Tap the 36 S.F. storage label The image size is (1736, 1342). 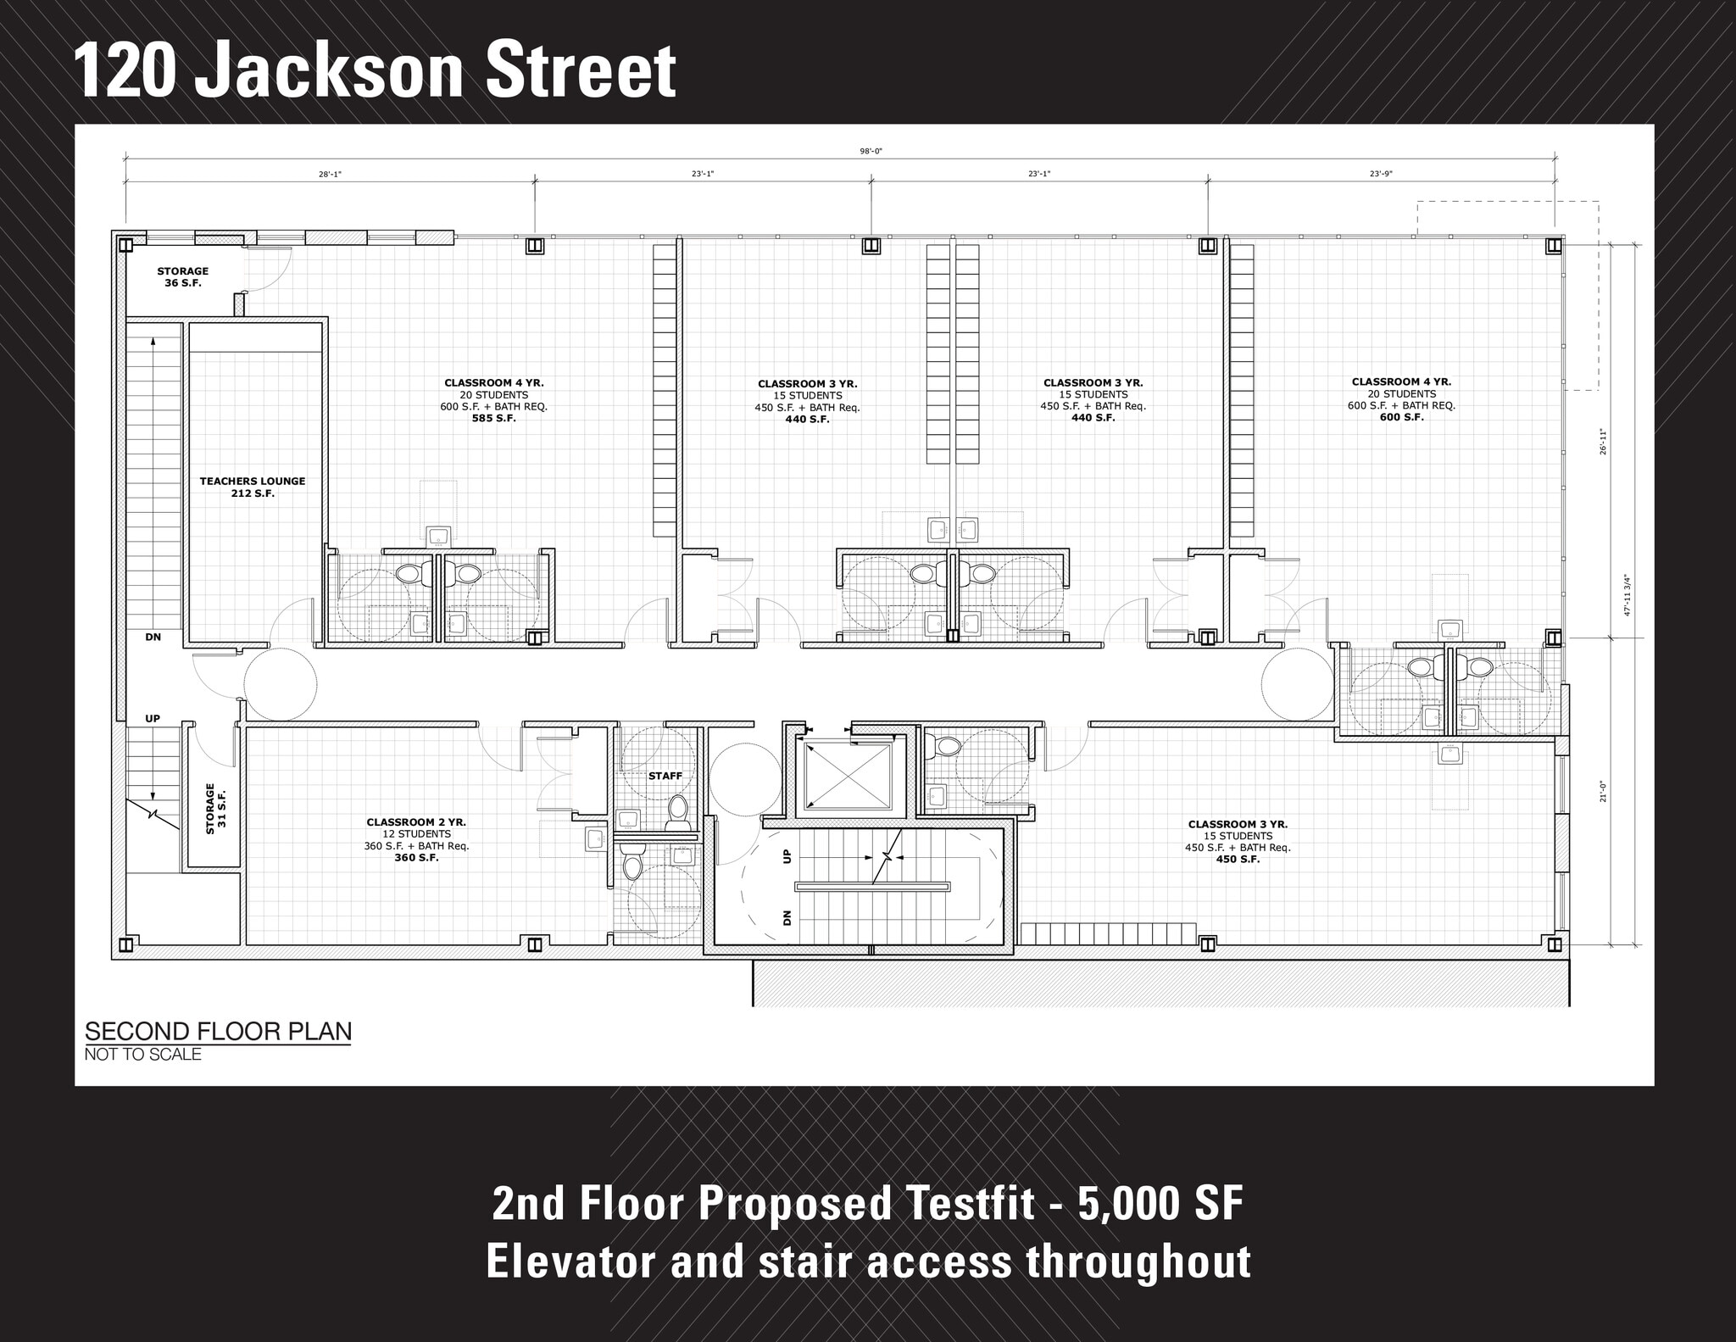coord(182,277)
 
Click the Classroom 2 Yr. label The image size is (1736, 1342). coord(415,822)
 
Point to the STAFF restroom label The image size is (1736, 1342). coord(665,776)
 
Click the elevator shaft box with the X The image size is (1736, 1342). coord(847,775)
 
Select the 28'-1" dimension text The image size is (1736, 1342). coord(330,174)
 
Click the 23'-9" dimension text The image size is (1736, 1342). coord(1381,174)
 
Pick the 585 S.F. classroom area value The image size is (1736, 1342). coord(493,418)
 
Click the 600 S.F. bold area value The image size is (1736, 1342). coord(1401,417)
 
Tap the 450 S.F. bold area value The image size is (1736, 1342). coord(1238,859)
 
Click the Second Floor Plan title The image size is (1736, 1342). coord(218,1032)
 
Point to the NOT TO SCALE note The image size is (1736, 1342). coord(142,1055)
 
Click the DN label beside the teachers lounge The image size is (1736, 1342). coord(153,637)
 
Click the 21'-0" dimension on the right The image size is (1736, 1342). coord(1602,790)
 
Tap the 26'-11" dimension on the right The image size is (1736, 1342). coord(1602,442)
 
